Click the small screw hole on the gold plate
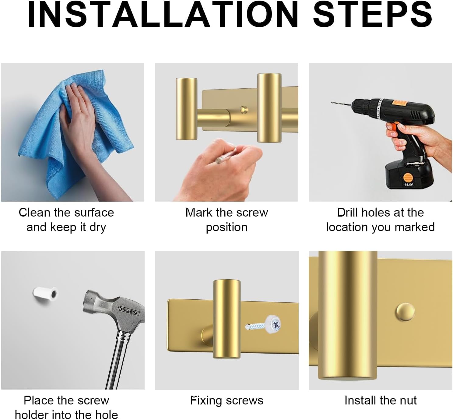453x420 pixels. click(244, 110)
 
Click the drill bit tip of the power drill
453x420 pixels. click(332, 103)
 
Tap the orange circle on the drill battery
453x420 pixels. click(408, 178)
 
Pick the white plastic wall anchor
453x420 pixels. click(45, 294)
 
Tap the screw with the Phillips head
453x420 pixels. click(263, 325)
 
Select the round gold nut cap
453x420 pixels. click(405, 312)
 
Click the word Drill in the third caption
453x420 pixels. click(348, 213)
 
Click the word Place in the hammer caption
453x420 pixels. click(39, 401)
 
